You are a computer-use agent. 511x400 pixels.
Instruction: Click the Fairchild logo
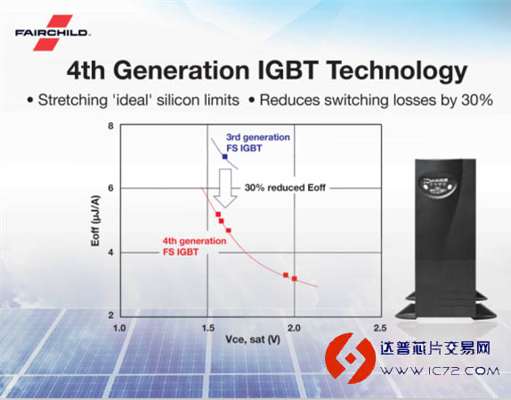pyautogui.click(x=53, y=33)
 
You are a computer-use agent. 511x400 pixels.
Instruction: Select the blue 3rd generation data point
pyautogui.click(x=224, y=157)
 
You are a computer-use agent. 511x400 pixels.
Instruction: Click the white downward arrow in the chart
pyautogui.click(x=224, y=188)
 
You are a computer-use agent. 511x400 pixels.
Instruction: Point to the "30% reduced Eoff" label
pyautogui.click(x=285, y=188)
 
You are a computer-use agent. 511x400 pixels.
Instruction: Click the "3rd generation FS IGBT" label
pyautogui.click(x=258, y=143)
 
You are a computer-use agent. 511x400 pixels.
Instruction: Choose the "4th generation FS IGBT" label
pyautogui.click(x=194, y=247)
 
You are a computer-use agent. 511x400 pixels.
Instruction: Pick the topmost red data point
pyautogui.click(x=218, y=214)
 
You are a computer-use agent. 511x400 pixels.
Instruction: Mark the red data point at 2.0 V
pyautogui.click(x=295, y=279)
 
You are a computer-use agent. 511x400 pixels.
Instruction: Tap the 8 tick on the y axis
pyautogui.click(x=111, y=127)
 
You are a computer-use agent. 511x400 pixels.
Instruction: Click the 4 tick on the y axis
pyautogui.click(x=111, y=253)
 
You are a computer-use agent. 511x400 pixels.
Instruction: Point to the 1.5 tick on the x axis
pyautogui.click(x=207, y=328)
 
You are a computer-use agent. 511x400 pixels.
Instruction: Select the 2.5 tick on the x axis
pyautogui.click(x=380, y=328)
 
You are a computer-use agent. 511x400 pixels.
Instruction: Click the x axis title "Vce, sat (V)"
pyautogui.click(x=253, y=340)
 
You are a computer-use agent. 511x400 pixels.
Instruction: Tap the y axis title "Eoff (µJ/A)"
pyautogui.click(x=95, y=221)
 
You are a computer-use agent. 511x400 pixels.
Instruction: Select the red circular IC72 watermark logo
pyautogui.click(x=351, y=358)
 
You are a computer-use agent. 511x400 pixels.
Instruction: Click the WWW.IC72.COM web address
pyautogui.click(x=440, y=371)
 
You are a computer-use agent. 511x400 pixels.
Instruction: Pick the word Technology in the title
pyautogui.click(x=397, y=71)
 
